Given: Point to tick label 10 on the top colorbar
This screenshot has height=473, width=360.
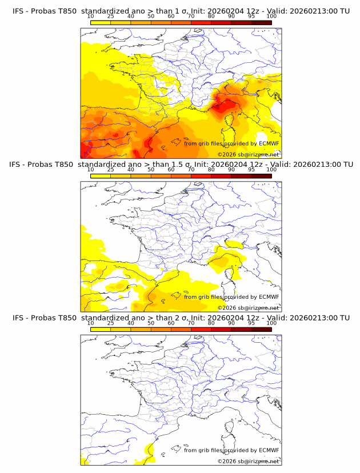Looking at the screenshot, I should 90,17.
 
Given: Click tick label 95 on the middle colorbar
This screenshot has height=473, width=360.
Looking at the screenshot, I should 251,170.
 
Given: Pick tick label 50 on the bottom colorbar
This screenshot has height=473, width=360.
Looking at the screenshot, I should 151,323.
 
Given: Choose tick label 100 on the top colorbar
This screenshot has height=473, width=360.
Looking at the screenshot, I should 271,17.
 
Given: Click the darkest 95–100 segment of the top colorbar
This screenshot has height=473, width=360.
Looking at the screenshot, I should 261,22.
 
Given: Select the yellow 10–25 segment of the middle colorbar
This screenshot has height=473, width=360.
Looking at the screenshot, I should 100,175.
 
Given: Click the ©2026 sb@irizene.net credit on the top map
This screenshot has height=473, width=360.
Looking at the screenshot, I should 248,154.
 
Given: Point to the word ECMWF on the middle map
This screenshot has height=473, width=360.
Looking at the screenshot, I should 269,296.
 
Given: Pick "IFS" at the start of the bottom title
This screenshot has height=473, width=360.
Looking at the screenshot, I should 18,317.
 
